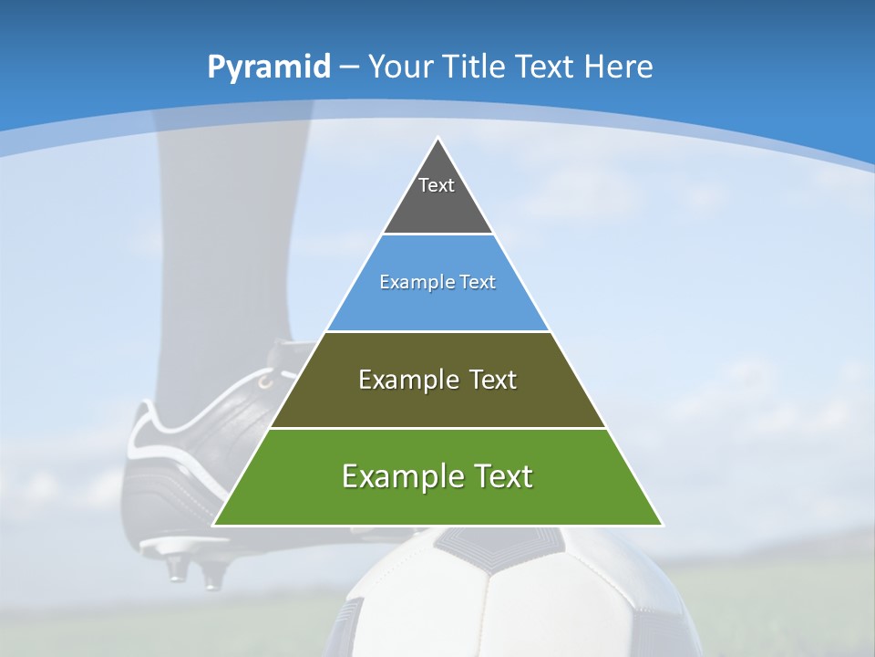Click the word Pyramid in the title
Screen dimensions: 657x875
268,68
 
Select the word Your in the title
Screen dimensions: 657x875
400,67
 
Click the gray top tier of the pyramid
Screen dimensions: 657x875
437,205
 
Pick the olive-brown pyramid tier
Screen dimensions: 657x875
437,401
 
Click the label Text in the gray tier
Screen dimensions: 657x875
437,185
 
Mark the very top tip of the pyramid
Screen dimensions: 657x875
438,139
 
